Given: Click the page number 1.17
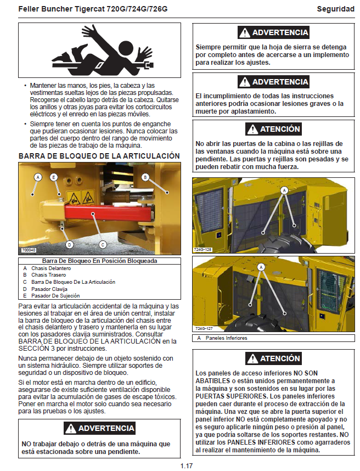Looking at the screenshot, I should (187, 466).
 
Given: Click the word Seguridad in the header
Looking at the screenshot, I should (335, 9).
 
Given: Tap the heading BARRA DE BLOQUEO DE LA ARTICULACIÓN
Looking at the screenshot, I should (99, 156).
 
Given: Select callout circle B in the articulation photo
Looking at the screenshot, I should (145, 177).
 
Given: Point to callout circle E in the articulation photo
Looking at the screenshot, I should (54, 177).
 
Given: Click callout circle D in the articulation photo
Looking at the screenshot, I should (69, 244).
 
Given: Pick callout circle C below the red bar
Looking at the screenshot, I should (103, 244).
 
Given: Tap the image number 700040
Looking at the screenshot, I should (29, 250).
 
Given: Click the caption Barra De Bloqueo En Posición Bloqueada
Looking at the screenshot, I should (99, 261).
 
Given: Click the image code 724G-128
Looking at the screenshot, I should (203, 249).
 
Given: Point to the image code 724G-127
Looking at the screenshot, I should (203, 329).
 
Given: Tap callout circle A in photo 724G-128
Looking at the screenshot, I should (284, 189).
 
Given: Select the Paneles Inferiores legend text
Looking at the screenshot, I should (226, 338).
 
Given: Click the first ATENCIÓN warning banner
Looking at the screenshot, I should (273, 130).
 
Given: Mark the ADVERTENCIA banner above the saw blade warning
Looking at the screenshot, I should (273, 33).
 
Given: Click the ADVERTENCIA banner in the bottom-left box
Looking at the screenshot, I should (99, 428).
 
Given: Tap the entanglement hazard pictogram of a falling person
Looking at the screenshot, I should (99, 51).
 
